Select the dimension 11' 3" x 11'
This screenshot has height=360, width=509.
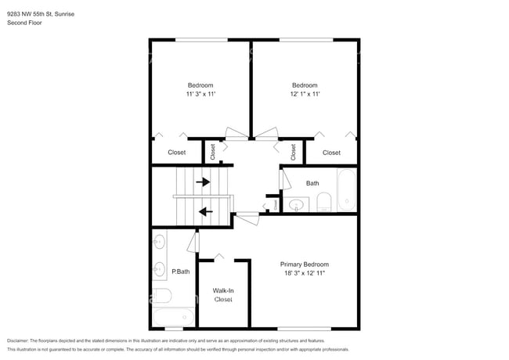point(200,95)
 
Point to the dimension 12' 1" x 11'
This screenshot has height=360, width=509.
point(305,95)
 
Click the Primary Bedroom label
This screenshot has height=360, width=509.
point(305,265)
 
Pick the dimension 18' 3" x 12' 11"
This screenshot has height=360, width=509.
point(305,274)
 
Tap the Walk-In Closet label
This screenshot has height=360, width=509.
point(223,294)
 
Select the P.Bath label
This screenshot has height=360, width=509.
point(181,272)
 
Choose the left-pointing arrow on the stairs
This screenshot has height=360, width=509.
point(206,211)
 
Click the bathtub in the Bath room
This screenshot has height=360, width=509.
point(346,192)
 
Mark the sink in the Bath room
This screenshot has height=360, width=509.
point(295,206)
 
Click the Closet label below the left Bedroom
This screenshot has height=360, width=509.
point(177,153)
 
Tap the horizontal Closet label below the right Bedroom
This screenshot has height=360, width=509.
point(331,153)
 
